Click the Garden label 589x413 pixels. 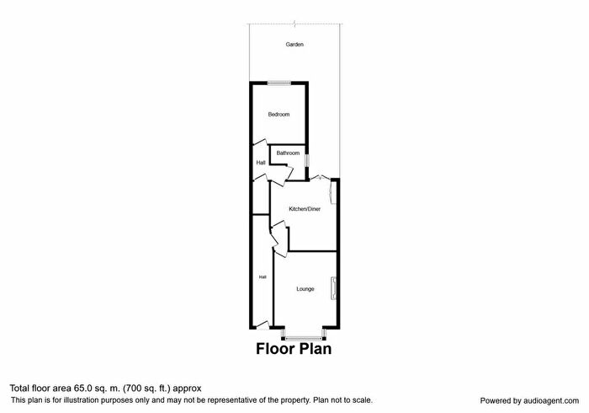tap(294, 45)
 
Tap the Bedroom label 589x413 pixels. tap(279, 115)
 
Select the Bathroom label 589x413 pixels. tap(288, 153)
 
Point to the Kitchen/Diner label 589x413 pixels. tap(305, 209)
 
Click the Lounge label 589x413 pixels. tap(305, 289)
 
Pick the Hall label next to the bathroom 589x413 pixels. tap(261, 163)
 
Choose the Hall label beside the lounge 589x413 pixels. tap(263, 277)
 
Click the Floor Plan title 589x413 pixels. tap(294, 349)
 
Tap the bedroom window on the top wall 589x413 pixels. tap(279, 83)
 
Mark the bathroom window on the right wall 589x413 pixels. tap(306, 161)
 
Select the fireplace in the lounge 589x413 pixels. tap(333, 288)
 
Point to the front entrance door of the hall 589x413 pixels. tap(263, 325)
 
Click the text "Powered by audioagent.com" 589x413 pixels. tap(529, 401)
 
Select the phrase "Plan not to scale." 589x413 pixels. tap(343, 400)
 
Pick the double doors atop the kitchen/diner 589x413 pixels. tap(321, 178)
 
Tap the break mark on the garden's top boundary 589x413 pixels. tap(294, 24)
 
